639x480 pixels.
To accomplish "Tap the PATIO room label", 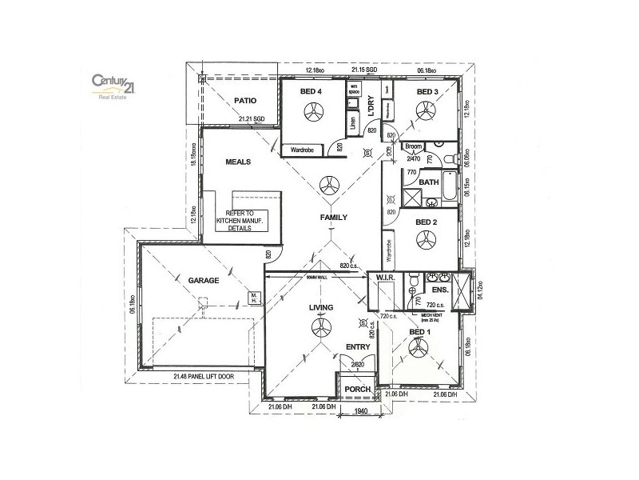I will point(238,101).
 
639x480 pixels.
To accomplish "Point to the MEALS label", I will point(238,162).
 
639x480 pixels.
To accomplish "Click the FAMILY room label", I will point(332,218).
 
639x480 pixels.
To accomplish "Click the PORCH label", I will point(358,390).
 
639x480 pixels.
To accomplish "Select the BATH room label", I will point(429,182).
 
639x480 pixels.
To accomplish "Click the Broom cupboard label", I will point(414,147).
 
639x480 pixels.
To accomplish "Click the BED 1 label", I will point(419,331).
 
